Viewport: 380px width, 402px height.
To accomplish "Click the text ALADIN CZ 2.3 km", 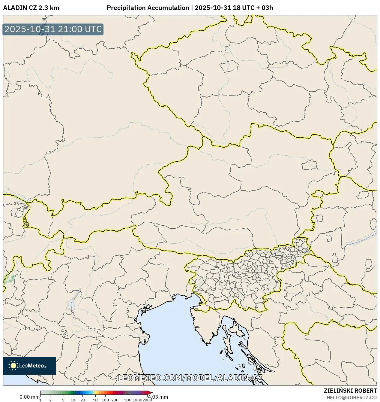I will pyautogui.click(x=31, y=8).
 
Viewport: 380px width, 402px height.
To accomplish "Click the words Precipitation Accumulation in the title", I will pyautogui.click(x=148, y=8).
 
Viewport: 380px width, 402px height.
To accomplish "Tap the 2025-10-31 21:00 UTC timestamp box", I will pyautogui.click(x=53, y=29).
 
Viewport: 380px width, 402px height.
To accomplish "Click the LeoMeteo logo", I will pyautogui.click(x=29, y=366).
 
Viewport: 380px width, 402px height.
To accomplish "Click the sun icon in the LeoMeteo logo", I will pyautogui.click(x=13, y=366).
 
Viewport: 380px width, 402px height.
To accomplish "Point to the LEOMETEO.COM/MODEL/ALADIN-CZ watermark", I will pyautogui.click(x=190, y=378).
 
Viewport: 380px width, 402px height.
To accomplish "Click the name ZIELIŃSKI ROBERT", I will pyautogui.click(x=350, y=391).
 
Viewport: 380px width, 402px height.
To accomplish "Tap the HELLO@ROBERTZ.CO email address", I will pyautogui.click(x=352, y=397).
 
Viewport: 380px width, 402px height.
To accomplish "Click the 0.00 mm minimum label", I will pyautogui.click(x=29, y=397).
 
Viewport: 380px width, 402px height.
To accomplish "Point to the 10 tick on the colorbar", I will pyautogui.click(x=73, y=400).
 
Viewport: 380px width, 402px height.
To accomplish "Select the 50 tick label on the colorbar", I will pyautogui.click(x=95, y=400).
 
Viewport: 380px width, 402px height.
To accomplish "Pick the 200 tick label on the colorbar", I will pyautogui.click(x=115, y=400).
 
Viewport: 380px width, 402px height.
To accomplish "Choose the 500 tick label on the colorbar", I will pyautogui.click(x=128, y=400).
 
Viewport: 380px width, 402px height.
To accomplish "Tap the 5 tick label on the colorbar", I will pyautogui.click(x=63, y=400).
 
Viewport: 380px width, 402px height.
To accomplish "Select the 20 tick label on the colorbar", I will pyautogui.click(x=83, y=400).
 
